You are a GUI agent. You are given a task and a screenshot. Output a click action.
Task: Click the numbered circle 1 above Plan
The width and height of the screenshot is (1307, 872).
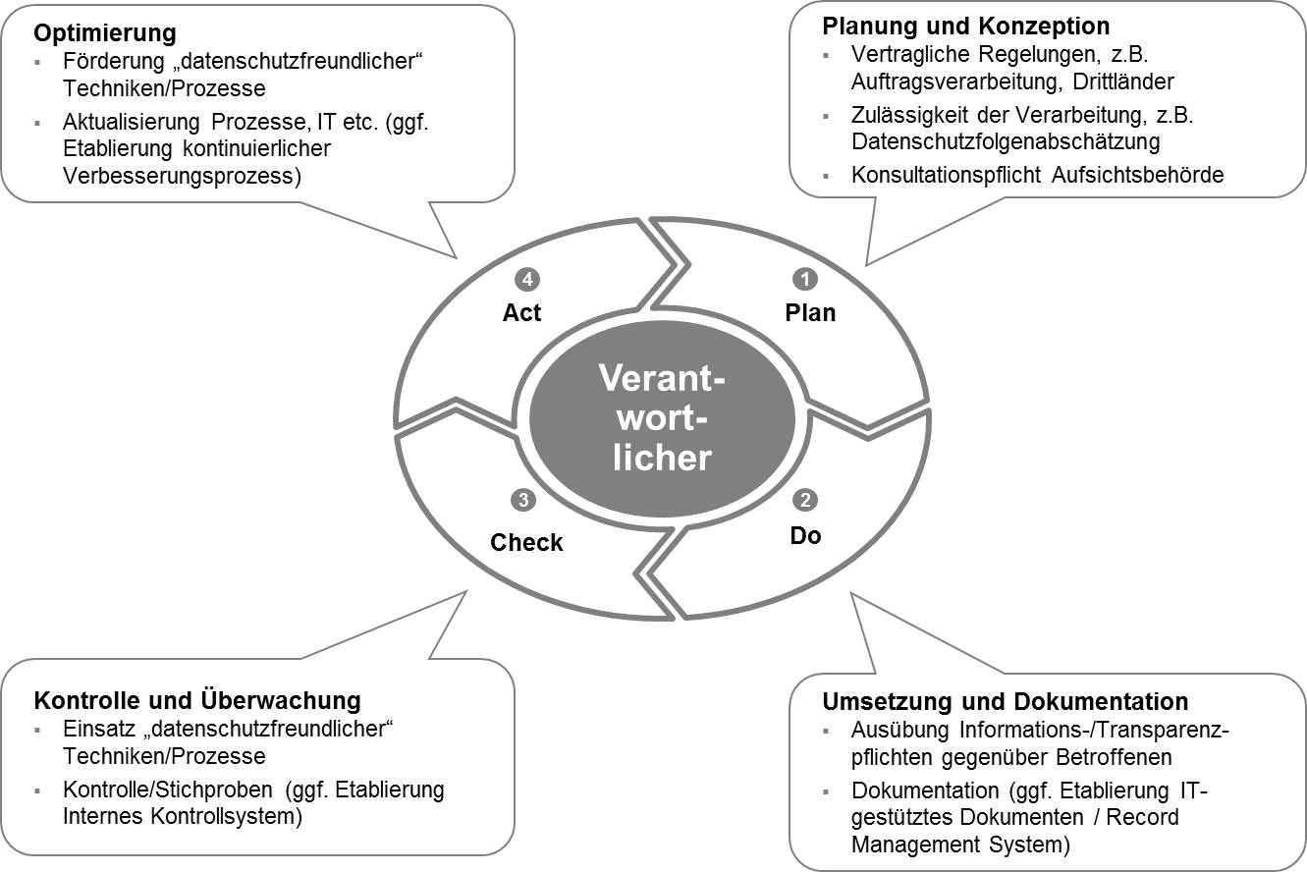pos(806,280)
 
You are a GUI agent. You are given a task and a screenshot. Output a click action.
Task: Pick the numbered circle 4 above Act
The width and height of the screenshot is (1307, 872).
pos(528,280)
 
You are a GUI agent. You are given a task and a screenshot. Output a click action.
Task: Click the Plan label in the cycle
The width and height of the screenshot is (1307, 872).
pos(810,313)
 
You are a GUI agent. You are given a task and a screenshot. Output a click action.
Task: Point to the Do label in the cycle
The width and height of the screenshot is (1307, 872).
pos(805,535)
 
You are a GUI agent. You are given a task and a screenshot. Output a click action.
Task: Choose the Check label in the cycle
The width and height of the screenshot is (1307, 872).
pos(526,543)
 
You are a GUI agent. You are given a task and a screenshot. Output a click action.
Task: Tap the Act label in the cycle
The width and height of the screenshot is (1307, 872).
pos(522,313)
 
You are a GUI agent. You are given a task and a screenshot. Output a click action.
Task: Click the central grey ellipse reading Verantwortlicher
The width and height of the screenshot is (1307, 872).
pos(661,417)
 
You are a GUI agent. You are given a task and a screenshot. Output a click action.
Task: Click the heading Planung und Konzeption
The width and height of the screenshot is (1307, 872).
pos(965,25)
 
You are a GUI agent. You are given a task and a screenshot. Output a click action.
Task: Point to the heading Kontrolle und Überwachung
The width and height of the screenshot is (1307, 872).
pos(197,700)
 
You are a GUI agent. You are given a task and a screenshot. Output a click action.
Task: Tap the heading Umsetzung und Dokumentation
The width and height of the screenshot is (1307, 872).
pos(1005,701)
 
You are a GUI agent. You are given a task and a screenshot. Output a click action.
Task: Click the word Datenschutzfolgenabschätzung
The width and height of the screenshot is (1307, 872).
pos(1006,141)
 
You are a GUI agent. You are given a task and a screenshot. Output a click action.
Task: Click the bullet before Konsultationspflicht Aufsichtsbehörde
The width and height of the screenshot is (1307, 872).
pos(827,177)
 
